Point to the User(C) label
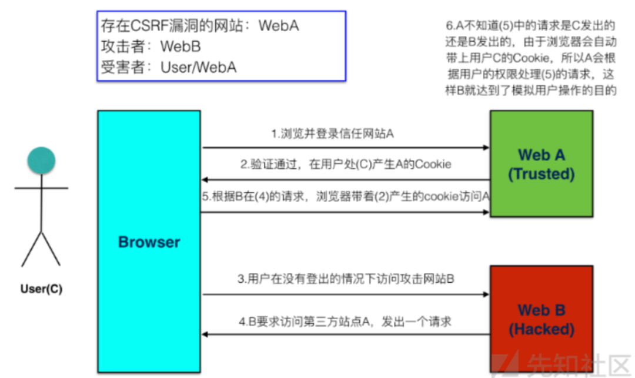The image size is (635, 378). pos(41,289)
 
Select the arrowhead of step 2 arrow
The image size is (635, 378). pos(205,180)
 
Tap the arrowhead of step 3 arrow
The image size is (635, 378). pos(486,295)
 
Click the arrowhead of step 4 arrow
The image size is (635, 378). pos(205,334)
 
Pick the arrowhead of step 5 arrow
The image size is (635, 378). pos(486,212)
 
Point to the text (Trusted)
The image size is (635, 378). pos(541,174)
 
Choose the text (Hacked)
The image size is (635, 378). pos(541,329)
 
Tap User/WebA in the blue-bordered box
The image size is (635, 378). pos(199,67)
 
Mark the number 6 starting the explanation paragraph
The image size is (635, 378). pos(449,25)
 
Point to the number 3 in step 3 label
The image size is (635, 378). pos(240,279)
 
